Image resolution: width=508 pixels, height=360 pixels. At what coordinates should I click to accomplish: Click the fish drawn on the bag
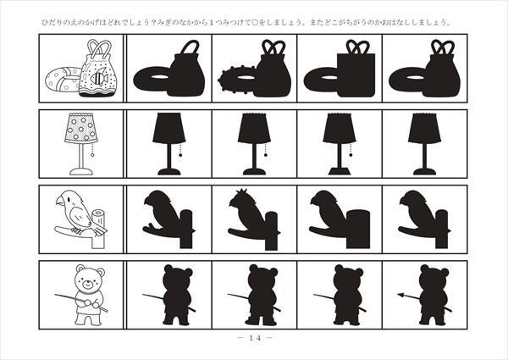(99, 78)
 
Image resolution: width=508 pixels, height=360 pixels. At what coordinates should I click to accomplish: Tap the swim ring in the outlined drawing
(62, 80)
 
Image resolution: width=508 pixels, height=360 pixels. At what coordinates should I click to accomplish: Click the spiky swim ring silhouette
(236, 80)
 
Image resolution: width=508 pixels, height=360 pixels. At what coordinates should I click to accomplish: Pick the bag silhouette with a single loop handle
(187, 69)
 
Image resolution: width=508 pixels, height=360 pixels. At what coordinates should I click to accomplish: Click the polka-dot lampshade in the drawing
(81, 128)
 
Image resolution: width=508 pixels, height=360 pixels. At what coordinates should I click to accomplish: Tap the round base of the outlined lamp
(81, 172)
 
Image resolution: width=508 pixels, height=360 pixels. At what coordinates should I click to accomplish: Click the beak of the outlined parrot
(60, 202)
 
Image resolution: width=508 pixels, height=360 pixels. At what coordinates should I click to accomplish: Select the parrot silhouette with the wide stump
(340, 219)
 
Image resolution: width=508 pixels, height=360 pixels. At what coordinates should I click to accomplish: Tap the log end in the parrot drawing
(98, 213)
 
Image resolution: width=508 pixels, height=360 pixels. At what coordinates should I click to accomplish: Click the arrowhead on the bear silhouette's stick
(401, 295)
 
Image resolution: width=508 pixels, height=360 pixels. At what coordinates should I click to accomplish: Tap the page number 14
(255, 338)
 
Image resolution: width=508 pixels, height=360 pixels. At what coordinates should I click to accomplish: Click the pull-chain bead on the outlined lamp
(92, 155)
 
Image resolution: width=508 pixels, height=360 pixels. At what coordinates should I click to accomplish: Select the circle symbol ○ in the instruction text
(254, 23)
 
